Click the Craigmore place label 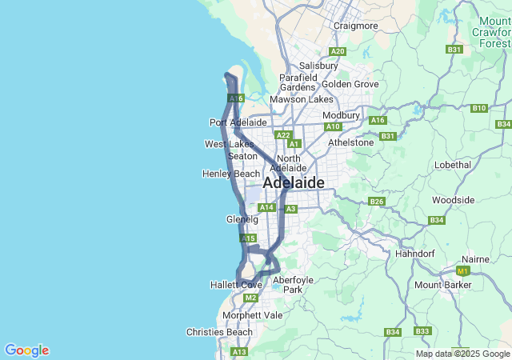(355, 26)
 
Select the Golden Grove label (350, 83)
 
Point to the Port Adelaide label (238, 122)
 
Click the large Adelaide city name (293, 182)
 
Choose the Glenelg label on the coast (242, 218)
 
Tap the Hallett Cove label (236, 285)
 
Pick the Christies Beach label (219, 332)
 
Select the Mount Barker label (442, 285)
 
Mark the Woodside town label (453, 199)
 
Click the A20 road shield (338, 51)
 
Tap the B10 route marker (479, 108)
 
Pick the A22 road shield (282, 135)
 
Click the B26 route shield (377, 201)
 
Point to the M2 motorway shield (251, 298)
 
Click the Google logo (26, 350)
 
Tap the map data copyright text (463, 354)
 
